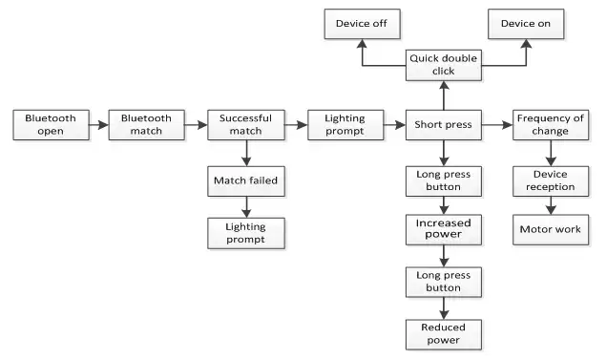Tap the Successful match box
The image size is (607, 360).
246,125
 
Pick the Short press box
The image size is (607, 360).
443,125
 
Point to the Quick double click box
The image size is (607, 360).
443,65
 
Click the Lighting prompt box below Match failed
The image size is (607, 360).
246,233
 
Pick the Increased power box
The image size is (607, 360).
443,230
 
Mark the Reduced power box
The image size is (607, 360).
443,333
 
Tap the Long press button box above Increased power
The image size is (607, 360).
443,180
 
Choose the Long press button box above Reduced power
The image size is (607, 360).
443,283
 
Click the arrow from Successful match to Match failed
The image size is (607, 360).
246,152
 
